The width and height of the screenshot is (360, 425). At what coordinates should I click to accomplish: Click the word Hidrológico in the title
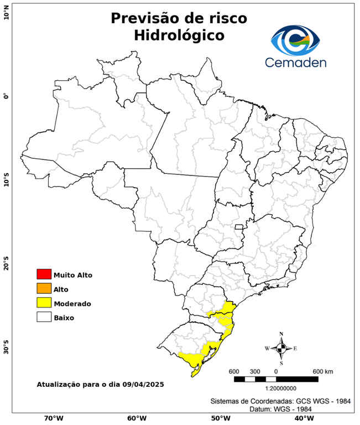click(x=179, y=35)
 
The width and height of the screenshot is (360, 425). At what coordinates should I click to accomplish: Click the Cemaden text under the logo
click(x=295, y=62)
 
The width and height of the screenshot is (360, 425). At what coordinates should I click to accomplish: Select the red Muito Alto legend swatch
click(x=44, y=274)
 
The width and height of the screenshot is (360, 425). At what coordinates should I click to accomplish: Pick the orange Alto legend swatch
click(x=44, y=289)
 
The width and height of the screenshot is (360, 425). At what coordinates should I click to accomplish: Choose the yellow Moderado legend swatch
click(x=44, y=303)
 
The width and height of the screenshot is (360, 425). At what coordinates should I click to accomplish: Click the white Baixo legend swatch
click(x=44, y=318)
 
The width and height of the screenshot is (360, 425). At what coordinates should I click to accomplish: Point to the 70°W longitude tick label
click(x=54, y=418)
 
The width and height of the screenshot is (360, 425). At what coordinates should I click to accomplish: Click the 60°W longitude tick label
click(x=137, y=418)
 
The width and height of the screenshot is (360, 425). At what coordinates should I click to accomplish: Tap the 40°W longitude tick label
click(x=302, y=418)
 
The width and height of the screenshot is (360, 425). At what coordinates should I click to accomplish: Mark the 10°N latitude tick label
click(x=6, y=12)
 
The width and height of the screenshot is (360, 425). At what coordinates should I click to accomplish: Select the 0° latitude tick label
click(x=6, y=96)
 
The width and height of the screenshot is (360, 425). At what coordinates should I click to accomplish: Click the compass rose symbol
click(x=281, y=348)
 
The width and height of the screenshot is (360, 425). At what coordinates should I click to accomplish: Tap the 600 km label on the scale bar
click(x=323, y=371)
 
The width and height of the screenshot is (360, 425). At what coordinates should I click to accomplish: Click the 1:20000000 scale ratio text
click(x=276, y=389)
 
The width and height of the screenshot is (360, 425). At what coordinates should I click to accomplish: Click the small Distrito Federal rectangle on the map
click(x=239, y=227)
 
